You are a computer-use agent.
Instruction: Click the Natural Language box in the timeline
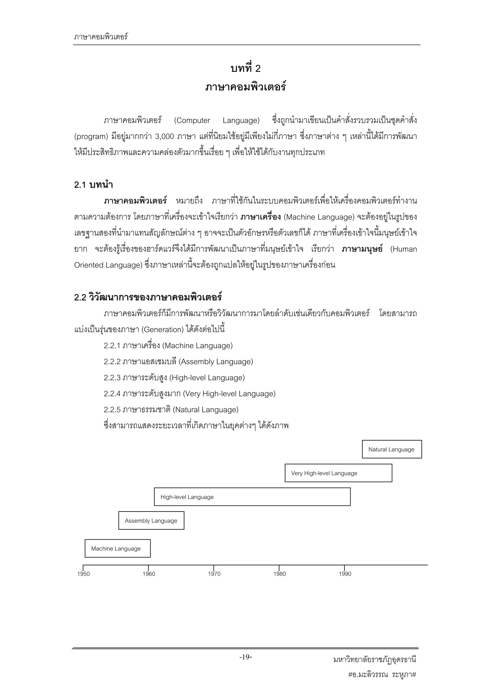click(x=392, y=449)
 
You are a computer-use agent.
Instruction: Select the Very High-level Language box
click(x=338, y=473)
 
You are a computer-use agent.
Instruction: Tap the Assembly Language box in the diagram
click(x=151, y=521)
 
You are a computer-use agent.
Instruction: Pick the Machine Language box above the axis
click(x=117, y=548)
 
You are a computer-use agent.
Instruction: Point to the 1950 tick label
click(x=83, y=574)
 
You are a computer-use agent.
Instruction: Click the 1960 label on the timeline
click(x=149, y=574)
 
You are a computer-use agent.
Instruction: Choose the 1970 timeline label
click(x=214, y=574)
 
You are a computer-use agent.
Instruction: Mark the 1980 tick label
click(x=280, y=574)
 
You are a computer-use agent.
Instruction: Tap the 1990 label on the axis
click(x=345, y=574)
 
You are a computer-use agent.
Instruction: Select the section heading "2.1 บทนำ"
click(x=94, y=185)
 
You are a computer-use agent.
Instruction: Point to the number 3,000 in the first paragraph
click(x=164, y=136)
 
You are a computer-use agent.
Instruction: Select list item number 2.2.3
click(x=112, y=378)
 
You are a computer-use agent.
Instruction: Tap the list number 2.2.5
click(x=112, y=410)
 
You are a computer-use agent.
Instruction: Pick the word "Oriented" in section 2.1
click(x=88, y=265)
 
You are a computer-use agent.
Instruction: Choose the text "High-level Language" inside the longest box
click(x=187, y=497)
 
